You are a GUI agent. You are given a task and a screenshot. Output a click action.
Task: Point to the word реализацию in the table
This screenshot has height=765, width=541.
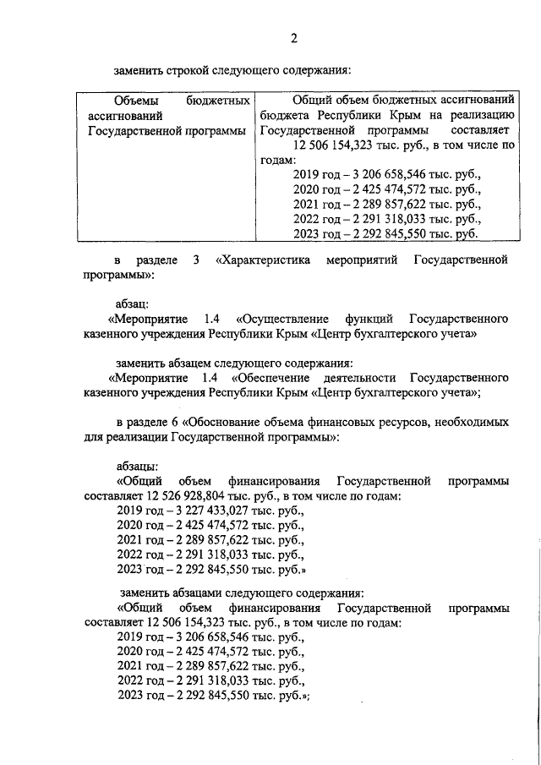point(478,116)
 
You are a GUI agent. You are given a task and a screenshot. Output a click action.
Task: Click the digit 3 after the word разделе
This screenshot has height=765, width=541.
point(196,260)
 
